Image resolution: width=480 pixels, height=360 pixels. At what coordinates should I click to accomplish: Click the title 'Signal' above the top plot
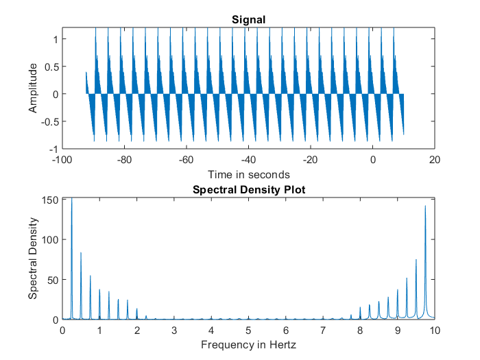248,20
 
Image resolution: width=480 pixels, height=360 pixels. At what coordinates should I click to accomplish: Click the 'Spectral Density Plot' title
248,189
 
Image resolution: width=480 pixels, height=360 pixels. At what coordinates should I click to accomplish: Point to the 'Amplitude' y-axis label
32,88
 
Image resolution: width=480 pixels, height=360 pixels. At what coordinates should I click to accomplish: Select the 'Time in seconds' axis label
248,174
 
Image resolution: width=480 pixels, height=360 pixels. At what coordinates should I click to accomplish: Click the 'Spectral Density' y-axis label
32,258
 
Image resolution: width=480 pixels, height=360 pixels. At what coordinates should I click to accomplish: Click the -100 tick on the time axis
62,158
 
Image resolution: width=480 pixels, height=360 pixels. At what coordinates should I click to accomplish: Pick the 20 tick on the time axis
435,158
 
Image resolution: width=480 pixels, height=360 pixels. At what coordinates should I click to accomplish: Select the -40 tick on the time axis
248,158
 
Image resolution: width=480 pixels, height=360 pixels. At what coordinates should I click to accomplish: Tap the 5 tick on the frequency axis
248,329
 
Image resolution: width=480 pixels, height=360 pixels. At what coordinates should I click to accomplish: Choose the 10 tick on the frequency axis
435,329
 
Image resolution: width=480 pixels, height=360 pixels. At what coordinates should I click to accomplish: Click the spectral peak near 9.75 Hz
425,206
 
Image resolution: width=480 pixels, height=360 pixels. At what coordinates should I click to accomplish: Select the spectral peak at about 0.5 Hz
81,253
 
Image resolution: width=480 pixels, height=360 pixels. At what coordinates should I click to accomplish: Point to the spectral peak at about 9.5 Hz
416,260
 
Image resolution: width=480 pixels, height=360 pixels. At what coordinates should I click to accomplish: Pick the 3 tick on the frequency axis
174,329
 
